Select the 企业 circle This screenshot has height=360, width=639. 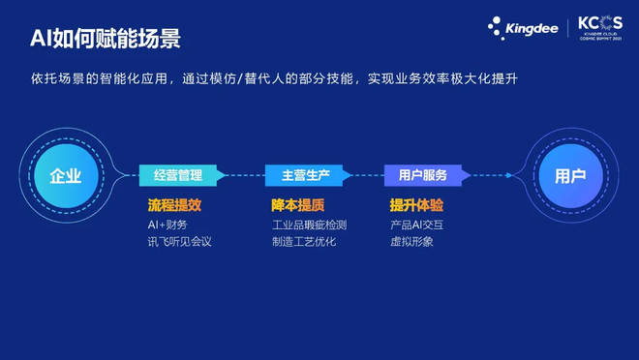coord(66,176)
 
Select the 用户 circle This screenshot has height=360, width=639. coord(570,176)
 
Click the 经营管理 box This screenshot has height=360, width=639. coord(179,175)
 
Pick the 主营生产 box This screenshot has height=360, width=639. coord(304,175)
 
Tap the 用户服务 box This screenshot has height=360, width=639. coord(422,175)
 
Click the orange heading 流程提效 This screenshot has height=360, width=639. coord(174,205)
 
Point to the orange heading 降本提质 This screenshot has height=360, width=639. coord(297,205)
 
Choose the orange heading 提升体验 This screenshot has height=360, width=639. coord(416,205)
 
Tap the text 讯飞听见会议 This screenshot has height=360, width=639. coord(179,241)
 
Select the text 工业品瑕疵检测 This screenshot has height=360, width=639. coord(309,225)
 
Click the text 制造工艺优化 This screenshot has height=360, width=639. coord(304,241)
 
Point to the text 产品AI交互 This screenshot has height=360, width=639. coord(417,225)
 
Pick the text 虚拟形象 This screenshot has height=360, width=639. coord(411,241)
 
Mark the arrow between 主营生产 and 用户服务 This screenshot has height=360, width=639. coord(364,175)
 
